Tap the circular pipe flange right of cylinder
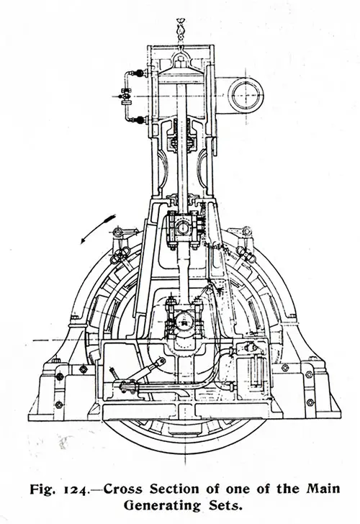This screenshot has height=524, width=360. coord(246,95)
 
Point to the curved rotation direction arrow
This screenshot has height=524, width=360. coord(97,229)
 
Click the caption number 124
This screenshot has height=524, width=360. coord(75,490)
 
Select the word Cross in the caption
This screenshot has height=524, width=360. coord(122,489)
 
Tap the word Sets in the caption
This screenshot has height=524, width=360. coord(224,505)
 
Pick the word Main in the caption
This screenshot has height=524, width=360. coord(323,489)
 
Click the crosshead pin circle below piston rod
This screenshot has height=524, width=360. coord(183,229)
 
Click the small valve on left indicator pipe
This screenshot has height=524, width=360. coord(126,96)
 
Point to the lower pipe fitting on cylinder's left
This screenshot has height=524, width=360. coord(140,120)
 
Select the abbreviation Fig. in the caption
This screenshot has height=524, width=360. coord(42,490)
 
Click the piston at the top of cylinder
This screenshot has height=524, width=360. coord(181,74)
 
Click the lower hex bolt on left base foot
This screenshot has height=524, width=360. coord(59,405)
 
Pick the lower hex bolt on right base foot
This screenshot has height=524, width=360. coord(310,402)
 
